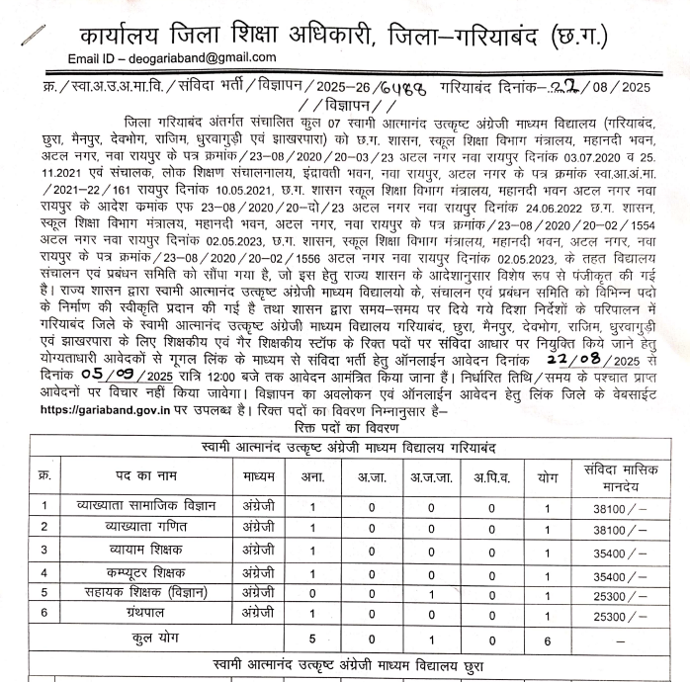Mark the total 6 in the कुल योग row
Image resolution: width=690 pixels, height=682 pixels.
548,639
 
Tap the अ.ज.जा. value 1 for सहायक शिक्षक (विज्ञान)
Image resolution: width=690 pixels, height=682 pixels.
430,593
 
